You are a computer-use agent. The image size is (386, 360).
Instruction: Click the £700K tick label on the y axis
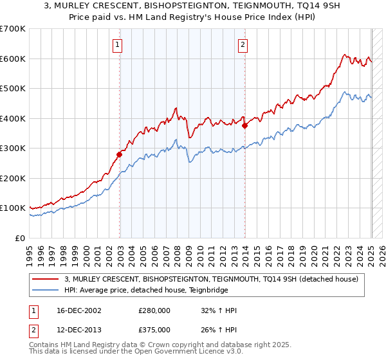13,29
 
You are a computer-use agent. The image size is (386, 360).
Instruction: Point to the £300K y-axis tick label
13,148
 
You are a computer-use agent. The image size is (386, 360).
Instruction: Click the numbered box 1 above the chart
119,44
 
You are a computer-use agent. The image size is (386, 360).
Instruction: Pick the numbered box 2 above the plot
243,44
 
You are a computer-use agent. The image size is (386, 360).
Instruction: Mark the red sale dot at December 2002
119,154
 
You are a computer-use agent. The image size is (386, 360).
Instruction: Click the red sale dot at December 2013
244,126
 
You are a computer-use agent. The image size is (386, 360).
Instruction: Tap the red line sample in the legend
45,278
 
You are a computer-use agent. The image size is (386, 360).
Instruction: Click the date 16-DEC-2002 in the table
77,310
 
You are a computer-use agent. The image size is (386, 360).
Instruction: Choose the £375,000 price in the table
154,328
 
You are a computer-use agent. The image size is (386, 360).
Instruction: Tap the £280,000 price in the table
154,310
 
